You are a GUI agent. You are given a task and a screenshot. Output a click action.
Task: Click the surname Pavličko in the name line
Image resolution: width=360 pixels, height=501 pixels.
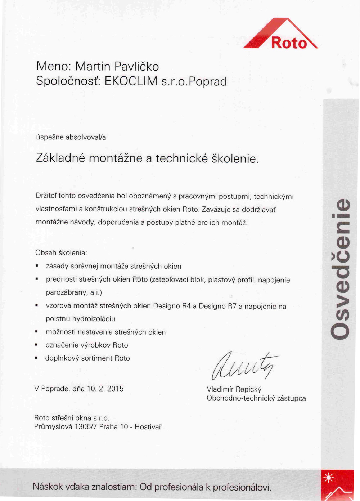pyautogui.click(x=136, y=67)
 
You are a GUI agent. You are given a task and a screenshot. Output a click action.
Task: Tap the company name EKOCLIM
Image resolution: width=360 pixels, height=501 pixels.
pyautogui.click(x=131, y=81)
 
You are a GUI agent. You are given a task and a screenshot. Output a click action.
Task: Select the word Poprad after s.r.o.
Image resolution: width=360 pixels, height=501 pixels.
pyautogui.click(x=208, y=82)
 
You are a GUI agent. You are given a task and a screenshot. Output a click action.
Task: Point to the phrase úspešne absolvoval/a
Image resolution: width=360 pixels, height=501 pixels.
pyautogui.click(x=71, y=137)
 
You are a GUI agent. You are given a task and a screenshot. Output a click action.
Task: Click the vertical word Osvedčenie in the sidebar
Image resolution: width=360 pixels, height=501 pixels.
pyautogui.click(x=340, y=268)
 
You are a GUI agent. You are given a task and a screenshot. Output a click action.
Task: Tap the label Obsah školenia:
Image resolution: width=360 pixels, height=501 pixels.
pyautogui.click(x=61, y=253)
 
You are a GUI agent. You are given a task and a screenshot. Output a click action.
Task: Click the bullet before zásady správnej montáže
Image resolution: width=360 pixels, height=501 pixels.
pyautogui.click(x=37, y=266)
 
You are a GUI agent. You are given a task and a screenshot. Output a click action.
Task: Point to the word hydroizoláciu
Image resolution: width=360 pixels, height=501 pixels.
pyautogui.click(x=94, y=319)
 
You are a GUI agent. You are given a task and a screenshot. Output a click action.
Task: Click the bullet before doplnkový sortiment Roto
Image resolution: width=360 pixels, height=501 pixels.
pyautogui.click(x=36, y=358)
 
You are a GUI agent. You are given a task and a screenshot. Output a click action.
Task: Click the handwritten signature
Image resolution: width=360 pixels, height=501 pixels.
pyautogui.click(x=245, y=366)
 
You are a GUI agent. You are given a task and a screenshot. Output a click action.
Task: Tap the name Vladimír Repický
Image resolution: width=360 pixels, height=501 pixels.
pyautogui.click(x=234, y=389)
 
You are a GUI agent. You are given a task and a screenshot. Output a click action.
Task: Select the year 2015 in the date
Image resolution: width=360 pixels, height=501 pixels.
pyautogui.click(x=115, y=389)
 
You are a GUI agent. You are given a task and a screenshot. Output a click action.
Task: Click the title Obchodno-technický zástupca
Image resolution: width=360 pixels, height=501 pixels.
pyautogui.click(x=256, y=399)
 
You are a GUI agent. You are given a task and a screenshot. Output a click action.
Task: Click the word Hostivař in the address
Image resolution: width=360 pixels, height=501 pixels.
pyautogui.click(x=148, y=427)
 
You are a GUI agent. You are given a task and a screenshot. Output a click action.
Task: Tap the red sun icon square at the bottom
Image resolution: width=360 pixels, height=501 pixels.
pyautogui.click(x=337, y=485)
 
